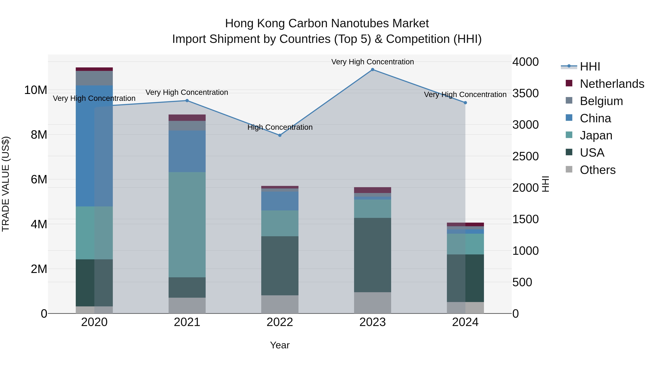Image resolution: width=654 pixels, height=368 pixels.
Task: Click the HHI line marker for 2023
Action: tap(372, 70)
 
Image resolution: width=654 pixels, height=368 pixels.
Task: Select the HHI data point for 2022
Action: tap(280, 135)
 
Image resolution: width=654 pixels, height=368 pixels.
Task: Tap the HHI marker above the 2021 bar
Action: tap(187, 100)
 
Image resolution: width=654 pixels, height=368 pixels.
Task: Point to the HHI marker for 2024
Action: tap(465, 103)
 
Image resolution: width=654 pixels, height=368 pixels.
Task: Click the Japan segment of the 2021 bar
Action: tap(187, 225)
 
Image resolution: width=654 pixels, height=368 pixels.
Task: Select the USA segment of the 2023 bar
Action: tap(372, 255)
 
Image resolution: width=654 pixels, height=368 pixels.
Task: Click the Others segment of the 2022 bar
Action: tap(280, 304)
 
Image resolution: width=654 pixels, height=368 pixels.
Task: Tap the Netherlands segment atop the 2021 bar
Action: tap(187, 118)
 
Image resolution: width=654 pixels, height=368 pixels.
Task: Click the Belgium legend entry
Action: tap(601, 101)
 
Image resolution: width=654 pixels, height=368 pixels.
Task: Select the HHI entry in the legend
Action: tap(590, 67)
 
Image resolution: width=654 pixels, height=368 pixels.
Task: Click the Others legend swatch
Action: tap(569, 169)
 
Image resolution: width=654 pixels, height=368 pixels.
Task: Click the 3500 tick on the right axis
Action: tap(525, 93)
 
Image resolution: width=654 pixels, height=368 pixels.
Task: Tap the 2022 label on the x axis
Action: tap(280, 322)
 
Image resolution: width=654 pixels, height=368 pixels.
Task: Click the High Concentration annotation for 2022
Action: tap(280, 127)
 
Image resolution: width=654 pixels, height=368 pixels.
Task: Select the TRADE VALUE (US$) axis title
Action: tap(6, 184)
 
